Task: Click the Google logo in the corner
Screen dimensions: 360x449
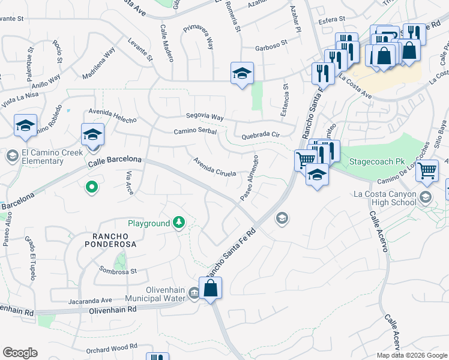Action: tap(19, 353)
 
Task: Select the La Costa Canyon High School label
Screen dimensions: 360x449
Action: tap(384, 198)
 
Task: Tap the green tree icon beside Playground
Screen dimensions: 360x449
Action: tap(178, 223)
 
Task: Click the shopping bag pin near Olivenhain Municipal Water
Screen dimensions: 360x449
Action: tap(211, 289)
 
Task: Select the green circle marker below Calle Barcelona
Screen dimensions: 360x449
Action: tap(91, 188)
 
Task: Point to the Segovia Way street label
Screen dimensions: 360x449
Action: tap(204, 117)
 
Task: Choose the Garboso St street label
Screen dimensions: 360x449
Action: tap(271, 43)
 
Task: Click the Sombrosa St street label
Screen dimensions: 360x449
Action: tap(118, 271)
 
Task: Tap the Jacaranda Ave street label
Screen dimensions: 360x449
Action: tap(90, 300)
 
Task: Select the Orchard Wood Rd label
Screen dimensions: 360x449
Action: tap(112, 346)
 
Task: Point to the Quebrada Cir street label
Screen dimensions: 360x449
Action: tap(261, 136)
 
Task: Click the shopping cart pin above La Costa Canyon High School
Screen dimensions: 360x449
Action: tap(427, 170)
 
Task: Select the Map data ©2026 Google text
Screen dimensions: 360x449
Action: tap(412, 355)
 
